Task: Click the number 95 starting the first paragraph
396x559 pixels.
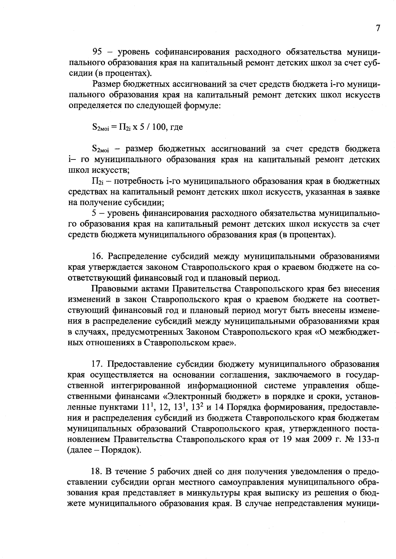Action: [x=98, y=52]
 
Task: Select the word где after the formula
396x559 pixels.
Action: [x=177, y=127]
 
